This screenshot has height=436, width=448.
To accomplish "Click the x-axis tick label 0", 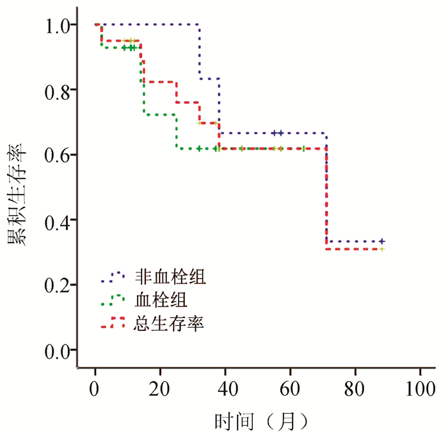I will pyautogui.click(x=95, y=389).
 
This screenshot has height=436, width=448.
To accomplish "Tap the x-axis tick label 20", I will pyautogui.click(x=160, y=389).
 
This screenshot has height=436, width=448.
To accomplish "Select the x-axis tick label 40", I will pyautogui.click(x=225, y=389).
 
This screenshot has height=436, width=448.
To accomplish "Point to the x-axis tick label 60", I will pyautogui.click(x=290, y=389).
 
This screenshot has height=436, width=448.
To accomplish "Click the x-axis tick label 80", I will pyautogui.click(x=355, y=389).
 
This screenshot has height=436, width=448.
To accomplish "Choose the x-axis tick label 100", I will pyautogui.click(x=420, y=389).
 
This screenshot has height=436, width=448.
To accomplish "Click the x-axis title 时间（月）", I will pyautogui.click(x=262, y=421).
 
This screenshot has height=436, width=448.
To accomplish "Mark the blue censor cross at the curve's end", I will pyautogui.click(x=382, y=241).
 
